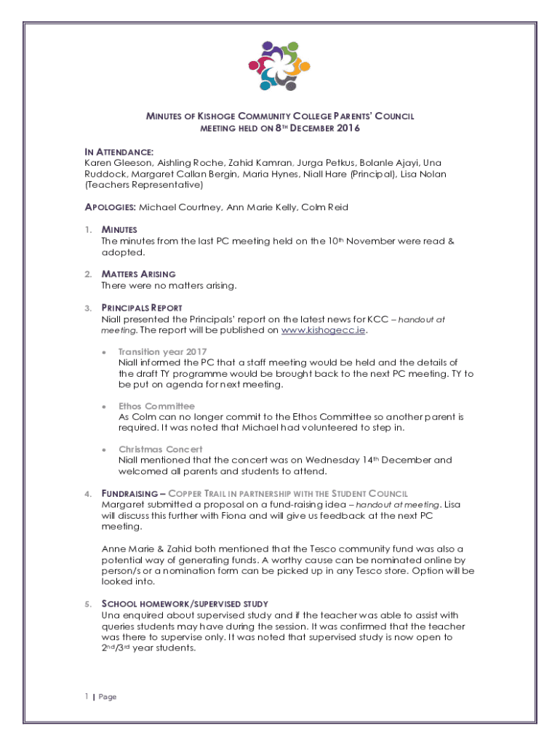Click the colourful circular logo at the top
coord(279,65)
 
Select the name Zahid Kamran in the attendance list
coord(254,163)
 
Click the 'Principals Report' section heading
coord(142,308)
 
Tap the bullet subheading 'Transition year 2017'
coord(162,352)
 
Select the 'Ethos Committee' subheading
coord(156,406)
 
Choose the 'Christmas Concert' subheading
coord(161,450)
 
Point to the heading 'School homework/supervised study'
coord(185,604)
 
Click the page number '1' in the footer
coord(85,697)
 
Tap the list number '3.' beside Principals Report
coord(87,308)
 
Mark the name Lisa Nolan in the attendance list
coord(424,174)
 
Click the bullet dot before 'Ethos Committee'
coord(104,406)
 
